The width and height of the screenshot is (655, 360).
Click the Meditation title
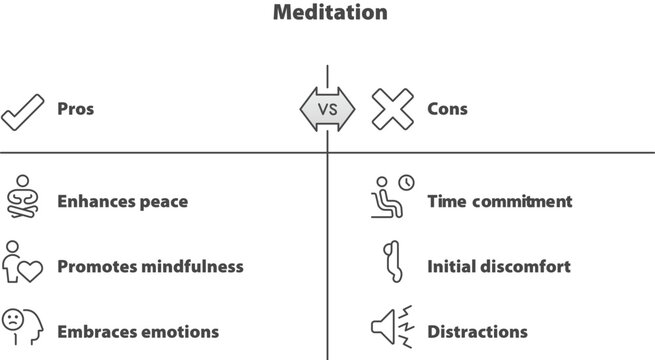[327, 14]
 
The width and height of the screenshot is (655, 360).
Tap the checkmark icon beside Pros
[21, 109]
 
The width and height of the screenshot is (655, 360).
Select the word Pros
[76, 109]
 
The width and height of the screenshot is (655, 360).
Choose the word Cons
[447, 109]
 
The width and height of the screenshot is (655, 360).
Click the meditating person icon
[21, 198]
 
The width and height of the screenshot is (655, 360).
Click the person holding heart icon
[21, 263]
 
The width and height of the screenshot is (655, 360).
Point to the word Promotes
[96, 267]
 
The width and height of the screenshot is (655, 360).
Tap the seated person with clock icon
[391, 198]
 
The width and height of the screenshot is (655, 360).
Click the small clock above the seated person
[405, 183]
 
